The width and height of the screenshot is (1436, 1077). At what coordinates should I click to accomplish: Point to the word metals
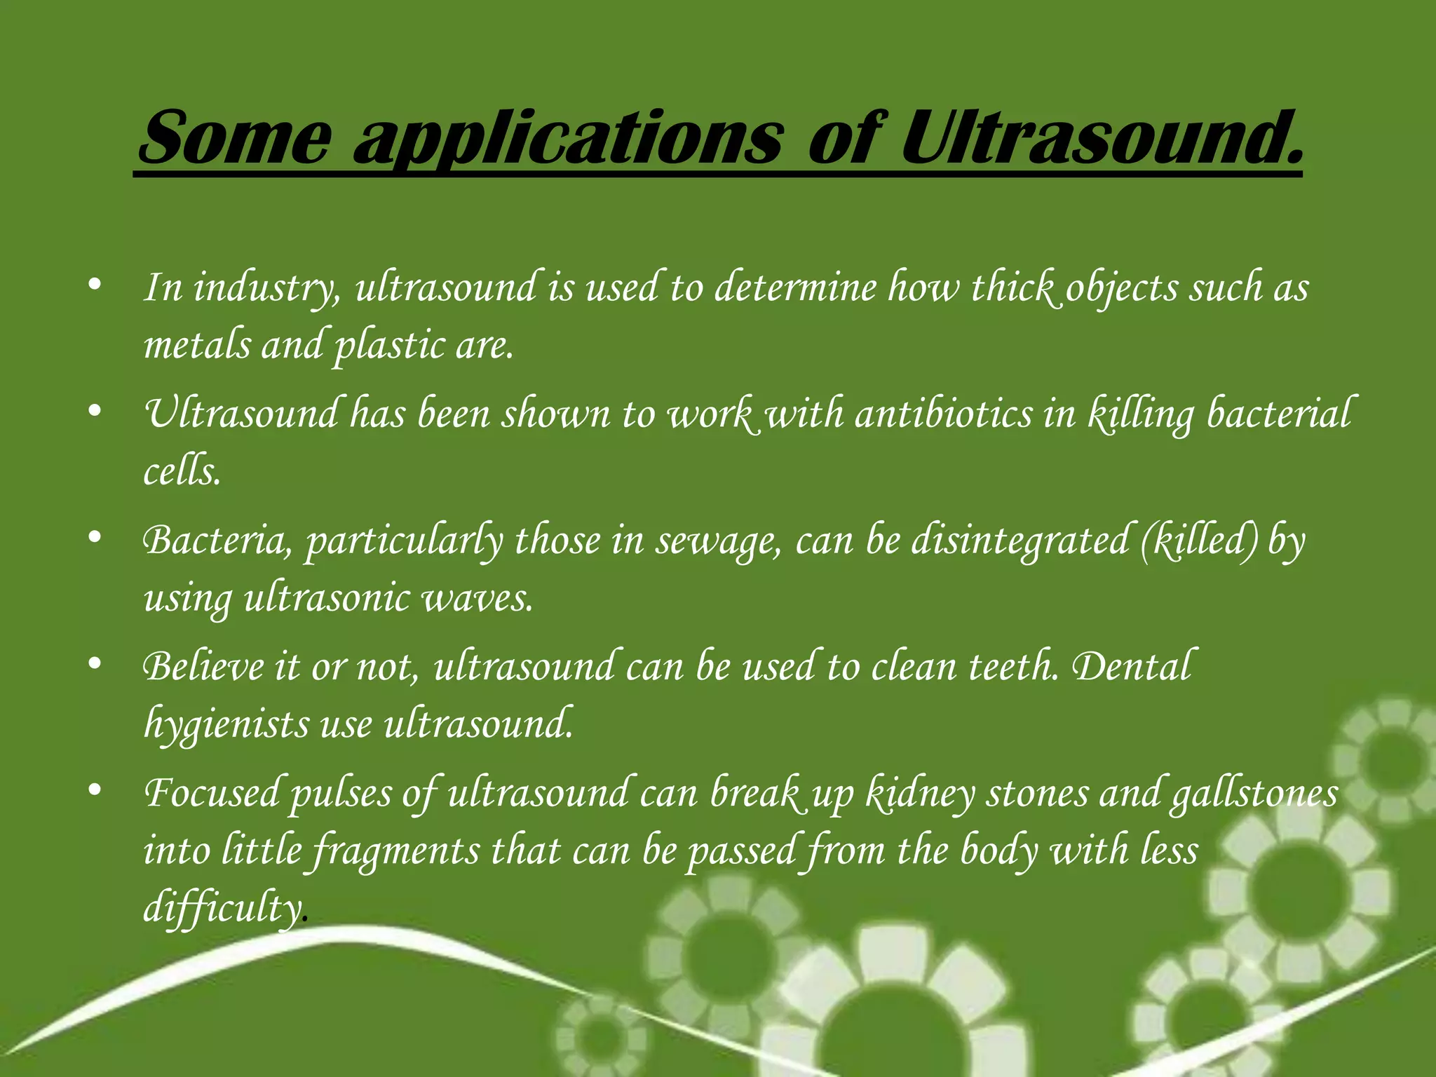196,346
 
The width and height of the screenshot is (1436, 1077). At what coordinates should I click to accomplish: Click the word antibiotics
944,414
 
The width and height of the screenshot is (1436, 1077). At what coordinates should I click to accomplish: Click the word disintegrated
1020,541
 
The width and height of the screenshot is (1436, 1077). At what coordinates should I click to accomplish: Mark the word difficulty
223,908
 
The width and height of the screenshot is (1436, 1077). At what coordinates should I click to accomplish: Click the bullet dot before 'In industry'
96,285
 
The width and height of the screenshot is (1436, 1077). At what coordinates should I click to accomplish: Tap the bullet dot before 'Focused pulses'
96,790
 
